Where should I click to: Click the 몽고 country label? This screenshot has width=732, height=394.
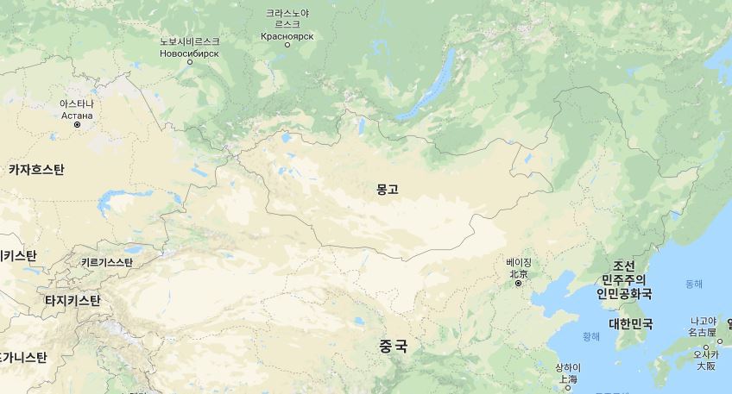tap(388, 189)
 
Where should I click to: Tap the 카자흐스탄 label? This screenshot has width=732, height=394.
tap(36, 170)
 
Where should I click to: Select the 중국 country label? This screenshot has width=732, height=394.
tap(393, 346)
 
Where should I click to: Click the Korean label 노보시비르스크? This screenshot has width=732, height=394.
tap(190, 41)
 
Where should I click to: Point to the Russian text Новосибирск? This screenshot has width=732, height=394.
tap(190, 53)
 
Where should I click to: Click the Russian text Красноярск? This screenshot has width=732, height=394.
tap(287, 36)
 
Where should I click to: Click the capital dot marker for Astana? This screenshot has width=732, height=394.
tap(77, 124)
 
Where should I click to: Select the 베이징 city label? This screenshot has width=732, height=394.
tap(519, 262)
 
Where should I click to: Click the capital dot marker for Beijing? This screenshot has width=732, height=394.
tap(519, 283)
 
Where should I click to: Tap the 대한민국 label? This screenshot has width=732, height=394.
tap(630, 324)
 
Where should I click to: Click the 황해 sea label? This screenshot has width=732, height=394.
tap(591, 336)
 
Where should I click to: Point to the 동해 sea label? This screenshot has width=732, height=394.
tap(694, 284)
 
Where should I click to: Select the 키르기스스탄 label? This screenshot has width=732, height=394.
tap(106, 262)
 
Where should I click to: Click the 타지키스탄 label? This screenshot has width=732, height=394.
tap(73, 300)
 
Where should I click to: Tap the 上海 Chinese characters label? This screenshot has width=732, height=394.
tap(567, 378)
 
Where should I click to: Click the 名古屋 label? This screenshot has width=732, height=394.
tap(703, 332)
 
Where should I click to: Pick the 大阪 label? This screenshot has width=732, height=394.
tap(705, 366)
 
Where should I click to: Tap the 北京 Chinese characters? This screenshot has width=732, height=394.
tap(519, 273)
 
